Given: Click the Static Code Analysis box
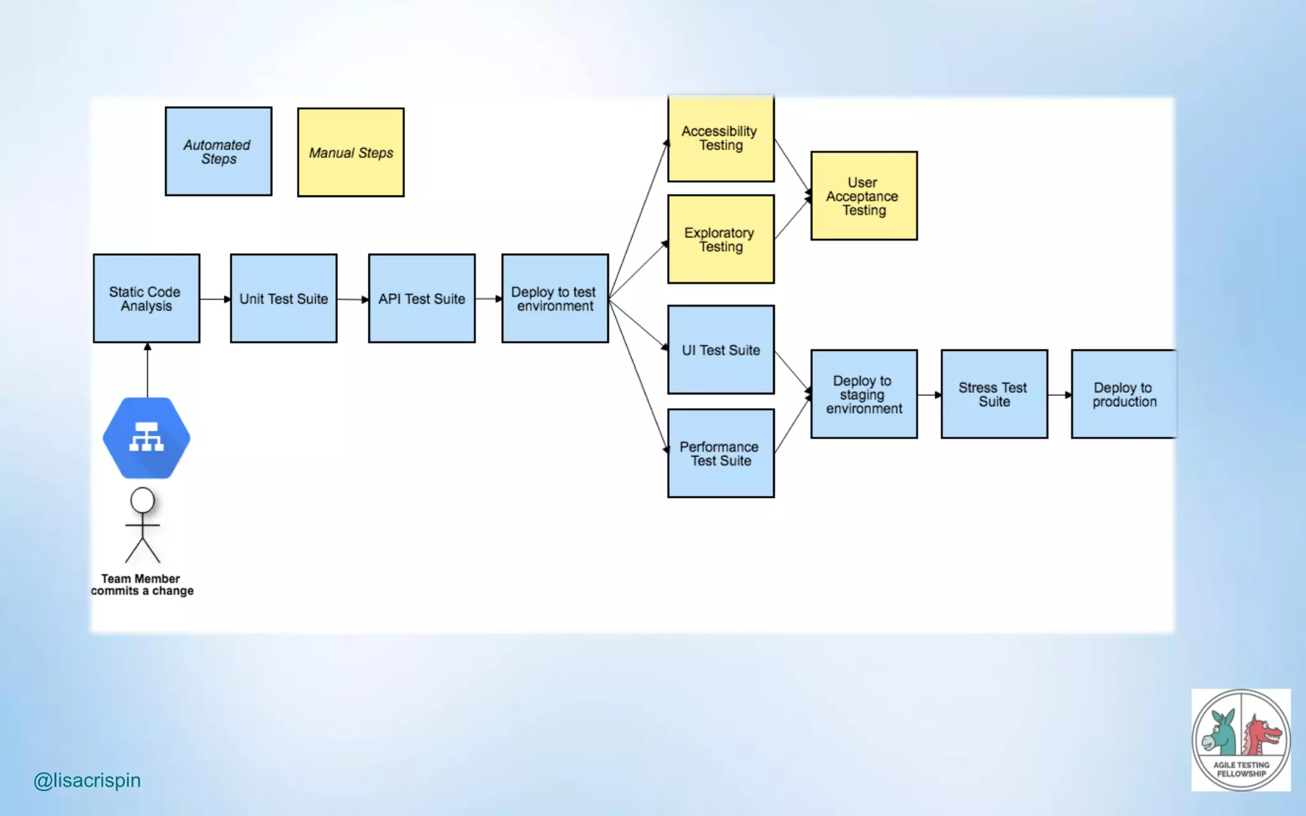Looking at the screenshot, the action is [x=146, y=298].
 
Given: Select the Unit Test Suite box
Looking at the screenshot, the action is [x=284, y=298].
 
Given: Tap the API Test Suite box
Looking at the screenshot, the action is [x=422, y=298].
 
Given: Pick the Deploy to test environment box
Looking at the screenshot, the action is [x=555, y=298].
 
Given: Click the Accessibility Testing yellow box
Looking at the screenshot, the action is [x=721, y=138].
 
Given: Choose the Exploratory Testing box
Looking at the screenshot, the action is [x=721, y=239].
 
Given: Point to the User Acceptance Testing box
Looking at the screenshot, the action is [x=863, y=196].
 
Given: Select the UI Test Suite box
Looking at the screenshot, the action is [x=721, y=349].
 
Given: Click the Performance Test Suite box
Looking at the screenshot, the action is [x=721, y=453].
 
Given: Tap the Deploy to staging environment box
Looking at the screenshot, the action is [x=863, y=394].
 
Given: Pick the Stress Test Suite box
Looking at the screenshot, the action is [x=994, y=394].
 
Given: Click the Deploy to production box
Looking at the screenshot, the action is [x=1124, y=394].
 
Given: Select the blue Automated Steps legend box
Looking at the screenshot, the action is [x=218, y=152].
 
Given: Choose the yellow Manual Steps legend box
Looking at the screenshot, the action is [x=351, y=152].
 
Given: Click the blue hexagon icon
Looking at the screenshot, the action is [x=146, y=438].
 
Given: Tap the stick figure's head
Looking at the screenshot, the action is [x=142, y=500].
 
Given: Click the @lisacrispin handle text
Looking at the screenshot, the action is [x=87, y=780].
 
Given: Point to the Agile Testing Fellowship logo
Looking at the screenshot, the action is [x=1240, y=739].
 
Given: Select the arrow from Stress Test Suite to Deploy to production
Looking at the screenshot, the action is [x=1059, y=395].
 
